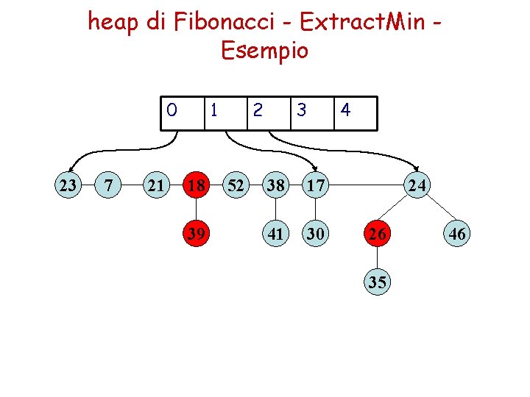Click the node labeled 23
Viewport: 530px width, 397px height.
click(68, 185)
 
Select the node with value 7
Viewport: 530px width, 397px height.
click(110, 185)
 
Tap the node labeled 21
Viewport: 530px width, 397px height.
click(155, 185)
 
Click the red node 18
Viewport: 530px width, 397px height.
click(196, 185)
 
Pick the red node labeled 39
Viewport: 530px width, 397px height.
click(196, 234)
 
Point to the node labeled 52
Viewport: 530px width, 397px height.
click(236, 185)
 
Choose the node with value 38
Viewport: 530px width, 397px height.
click(277, 185)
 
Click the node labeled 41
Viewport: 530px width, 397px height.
click(277, 234)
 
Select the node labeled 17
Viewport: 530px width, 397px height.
click(317, 185)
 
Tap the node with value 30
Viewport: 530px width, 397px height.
click(317, 234)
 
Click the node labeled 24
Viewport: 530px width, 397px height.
click(417, 185)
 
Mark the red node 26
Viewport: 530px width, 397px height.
click(377, 234)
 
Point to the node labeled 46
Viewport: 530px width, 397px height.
click(456, 234)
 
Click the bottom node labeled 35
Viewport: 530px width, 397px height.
click(377, 282)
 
